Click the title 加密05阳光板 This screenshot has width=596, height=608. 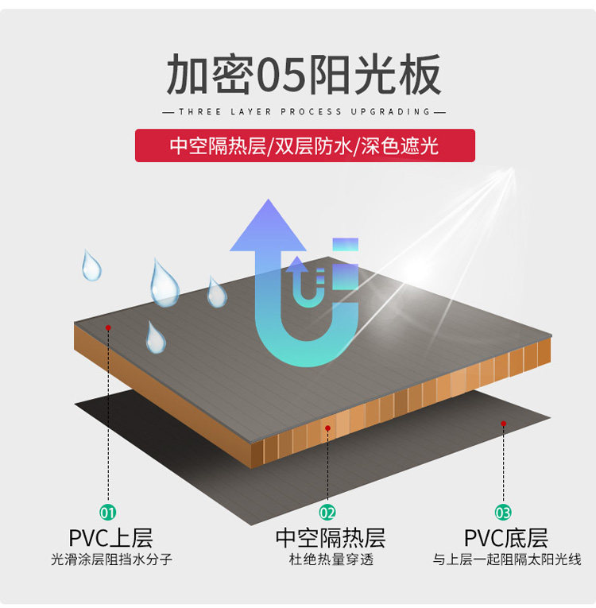(x=304, y=76)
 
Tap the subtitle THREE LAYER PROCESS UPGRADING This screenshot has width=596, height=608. (x=304, y=112)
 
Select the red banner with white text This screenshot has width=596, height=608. (x=304, y=146)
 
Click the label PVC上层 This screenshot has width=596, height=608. (x=110, y=538)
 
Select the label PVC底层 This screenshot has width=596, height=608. (x=506, y=538)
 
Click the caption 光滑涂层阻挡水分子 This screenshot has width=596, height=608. (x=110, y=560)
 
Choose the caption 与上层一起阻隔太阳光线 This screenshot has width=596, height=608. (x=506, y=560)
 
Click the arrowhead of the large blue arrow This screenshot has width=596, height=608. (x=269, y=227)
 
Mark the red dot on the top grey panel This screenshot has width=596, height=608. (x=108, y=327)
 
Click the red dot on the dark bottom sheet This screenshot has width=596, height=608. (x=503, y=424)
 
